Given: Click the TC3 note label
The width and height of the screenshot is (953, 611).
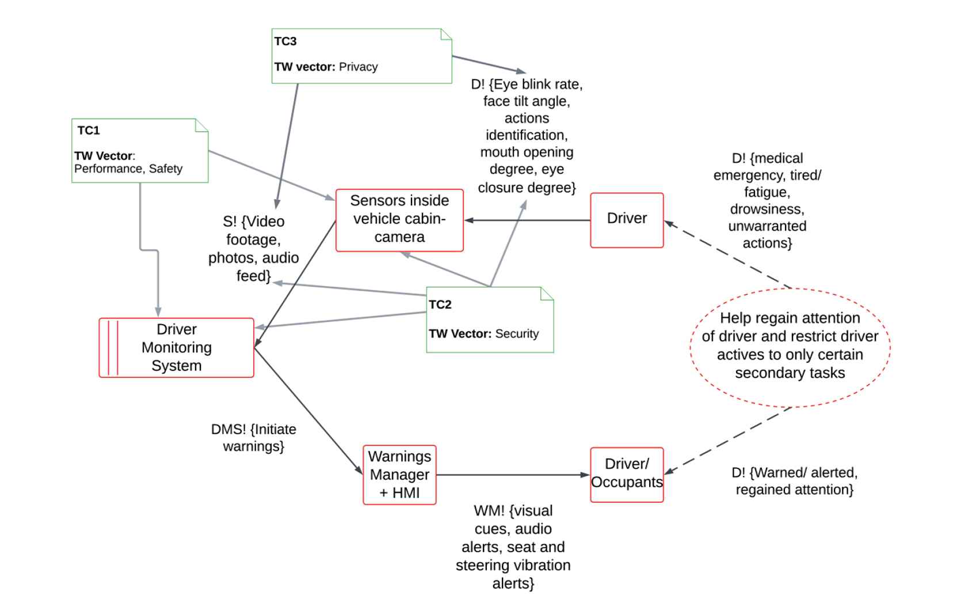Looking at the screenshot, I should click(x=285, y=41).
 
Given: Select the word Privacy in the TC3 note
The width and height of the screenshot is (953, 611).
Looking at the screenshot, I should click(x=358, y=67).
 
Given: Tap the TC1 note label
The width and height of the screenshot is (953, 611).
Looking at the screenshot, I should click(x=89, y=131).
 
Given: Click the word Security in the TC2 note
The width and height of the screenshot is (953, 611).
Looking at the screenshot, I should click(x=517, y=334).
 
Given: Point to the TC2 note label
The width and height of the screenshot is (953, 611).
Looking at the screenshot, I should click(x=440, y=305).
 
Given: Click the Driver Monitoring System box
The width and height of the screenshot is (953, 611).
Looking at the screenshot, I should click(x=176, y=347).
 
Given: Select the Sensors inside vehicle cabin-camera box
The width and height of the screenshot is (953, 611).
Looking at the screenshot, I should click(x=399, y=219).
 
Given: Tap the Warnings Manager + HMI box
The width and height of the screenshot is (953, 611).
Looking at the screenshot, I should click(x=399, y=475).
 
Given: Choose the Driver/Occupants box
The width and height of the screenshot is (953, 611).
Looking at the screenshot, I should click(x=627, y=474).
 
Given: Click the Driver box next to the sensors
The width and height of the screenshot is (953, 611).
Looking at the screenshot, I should click(x=627, y=219).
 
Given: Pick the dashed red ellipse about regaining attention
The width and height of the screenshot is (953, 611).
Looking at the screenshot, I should click(x=790, y=347).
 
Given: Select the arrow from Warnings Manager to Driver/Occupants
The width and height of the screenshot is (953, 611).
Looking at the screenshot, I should click(x=512, y=475).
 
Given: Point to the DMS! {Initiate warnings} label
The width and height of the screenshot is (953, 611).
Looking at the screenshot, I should click(x=253, y=438).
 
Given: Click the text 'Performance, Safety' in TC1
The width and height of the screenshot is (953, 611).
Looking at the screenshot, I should click(x=128, y=169).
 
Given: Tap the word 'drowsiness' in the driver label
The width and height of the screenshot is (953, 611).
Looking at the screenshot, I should click(x=767, y=209).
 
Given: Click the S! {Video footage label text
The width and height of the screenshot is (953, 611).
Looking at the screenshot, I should click(x=254, y=222).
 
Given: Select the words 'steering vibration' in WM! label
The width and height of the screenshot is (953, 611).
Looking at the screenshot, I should click(x=513, y=566).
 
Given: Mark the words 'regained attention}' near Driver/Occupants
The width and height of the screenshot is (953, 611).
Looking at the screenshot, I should click(x=794, y=490).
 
